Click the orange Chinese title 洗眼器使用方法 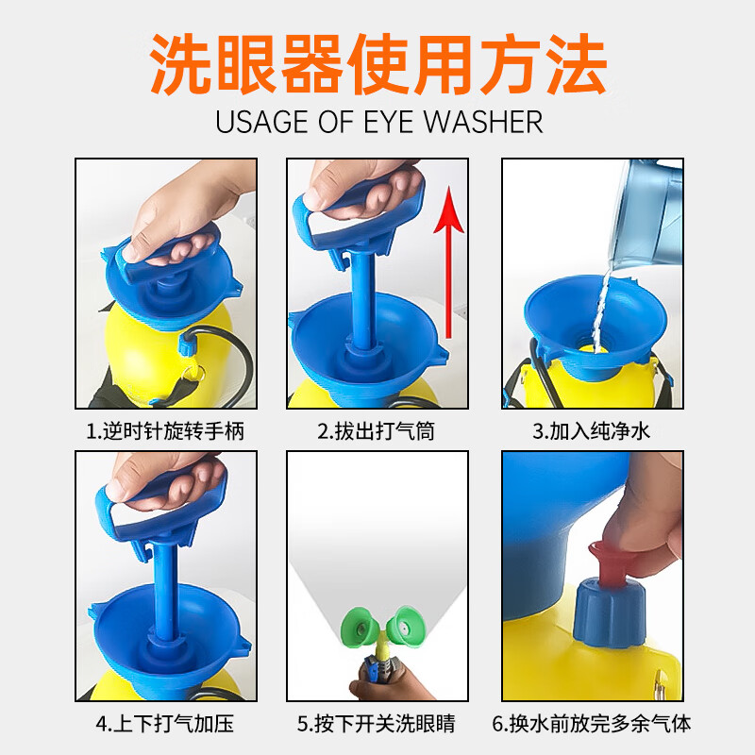click(378, 64)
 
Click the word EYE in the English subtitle click(388, 122)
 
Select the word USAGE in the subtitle click(261, 122)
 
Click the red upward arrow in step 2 click(449, 262)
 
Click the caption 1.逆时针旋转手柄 click(165, 431)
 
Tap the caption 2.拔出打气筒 click(376, 431)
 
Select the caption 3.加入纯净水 click(592, 431)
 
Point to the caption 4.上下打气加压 click(165, 724)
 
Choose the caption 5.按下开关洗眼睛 click(376, 724)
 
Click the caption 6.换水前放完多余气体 click(592, 724)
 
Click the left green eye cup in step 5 click(361, 626)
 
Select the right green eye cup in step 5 click(406, 624)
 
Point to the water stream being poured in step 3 click(601, 310)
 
